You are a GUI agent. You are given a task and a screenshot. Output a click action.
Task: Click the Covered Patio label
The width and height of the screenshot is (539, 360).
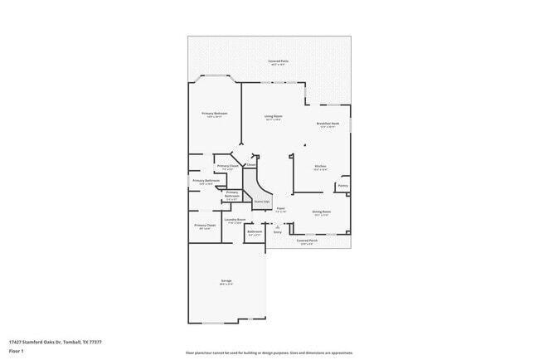click(278, 61)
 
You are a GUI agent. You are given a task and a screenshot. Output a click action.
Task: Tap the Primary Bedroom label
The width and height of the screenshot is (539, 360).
click(216, 113)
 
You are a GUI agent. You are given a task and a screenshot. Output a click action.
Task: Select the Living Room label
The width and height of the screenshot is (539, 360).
click(274, 116)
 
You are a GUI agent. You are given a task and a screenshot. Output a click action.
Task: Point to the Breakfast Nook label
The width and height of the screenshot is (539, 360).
click(328, 124)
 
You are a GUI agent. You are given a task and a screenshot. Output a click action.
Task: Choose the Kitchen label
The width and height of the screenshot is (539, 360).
click(320, 167)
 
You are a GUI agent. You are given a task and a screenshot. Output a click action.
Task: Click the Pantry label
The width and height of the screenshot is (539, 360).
click(342, 187)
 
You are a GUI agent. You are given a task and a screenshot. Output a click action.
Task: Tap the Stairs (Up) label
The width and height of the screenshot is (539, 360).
click(261, 201)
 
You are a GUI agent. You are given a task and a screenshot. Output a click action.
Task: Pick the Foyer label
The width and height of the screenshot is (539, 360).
click(280, 208)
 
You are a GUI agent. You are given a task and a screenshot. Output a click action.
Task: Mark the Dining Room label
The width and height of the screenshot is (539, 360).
click(321, 212)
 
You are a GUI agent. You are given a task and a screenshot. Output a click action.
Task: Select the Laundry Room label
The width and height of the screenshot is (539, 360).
click(235, 220)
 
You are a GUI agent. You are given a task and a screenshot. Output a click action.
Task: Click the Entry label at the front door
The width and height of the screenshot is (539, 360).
click(278, 231)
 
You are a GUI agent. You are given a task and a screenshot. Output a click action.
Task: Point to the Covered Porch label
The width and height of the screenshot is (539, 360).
click(307, 241)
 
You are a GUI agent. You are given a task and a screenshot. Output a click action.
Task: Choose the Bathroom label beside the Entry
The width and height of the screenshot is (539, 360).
click(255, 231)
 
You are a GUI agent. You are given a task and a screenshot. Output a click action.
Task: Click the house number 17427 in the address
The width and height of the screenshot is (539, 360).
click(16, 341)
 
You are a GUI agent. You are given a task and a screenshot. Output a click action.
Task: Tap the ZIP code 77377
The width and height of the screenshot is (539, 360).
click(97, 341)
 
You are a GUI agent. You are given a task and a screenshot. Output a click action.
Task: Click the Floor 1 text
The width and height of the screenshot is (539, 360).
click(16, 351)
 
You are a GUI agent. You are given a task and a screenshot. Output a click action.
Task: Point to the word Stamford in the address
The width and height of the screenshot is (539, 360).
click(35, 341)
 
